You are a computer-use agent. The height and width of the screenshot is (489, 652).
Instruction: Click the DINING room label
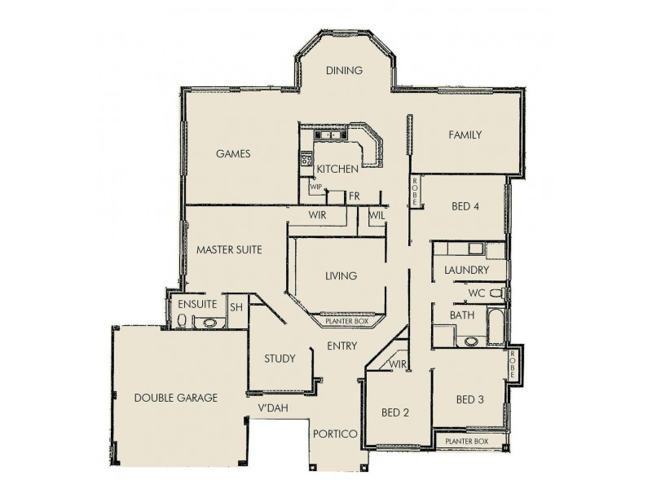tap(343, 71)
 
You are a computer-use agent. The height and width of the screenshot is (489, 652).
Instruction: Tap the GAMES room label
tap(232, 153)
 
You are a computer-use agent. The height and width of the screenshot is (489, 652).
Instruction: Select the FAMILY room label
tap(465, 135)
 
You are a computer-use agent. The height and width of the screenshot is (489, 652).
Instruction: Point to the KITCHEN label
tap(337, 170)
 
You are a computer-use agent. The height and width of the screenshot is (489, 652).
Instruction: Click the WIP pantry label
tap(316, 186)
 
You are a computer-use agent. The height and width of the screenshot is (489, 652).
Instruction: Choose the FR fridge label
tap(354, 196)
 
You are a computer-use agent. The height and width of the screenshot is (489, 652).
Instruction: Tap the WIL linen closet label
tap(377, 215)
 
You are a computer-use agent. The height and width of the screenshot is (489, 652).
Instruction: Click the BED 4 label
tap(465, 206)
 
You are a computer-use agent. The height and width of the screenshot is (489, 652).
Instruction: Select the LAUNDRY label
tap(466, 270)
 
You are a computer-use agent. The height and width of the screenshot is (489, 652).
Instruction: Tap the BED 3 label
tap(470, 399)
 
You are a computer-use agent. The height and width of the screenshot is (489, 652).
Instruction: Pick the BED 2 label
tap(395, 412)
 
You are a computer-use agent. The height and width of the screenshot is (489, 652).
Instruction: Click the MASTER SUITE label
tap(229, 250)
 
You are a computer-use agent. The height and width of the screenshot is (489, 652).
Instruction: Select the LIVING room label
tap(341, 275)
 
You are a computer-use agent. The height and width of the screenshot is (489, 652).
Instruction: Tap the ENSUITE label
tap(197, 304)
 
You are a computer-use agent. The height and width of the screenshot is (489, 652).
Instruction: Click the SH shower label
tap(236, 306)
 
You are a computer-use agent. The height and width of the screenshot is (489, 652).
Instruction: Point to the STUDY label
tap(280, 359)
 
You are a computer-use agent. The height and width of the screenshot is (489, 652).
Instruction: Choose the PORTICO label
tap(335, 434)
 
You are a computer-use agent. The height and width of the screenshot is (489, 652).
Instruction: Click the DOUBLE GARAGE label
tap(175, 399)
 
